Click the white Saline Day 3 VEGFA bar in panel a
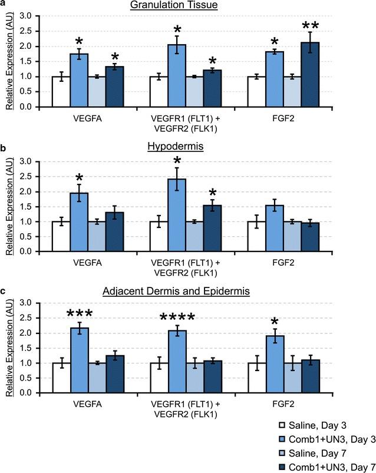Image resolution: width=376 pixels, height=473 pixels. [61, 92]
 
